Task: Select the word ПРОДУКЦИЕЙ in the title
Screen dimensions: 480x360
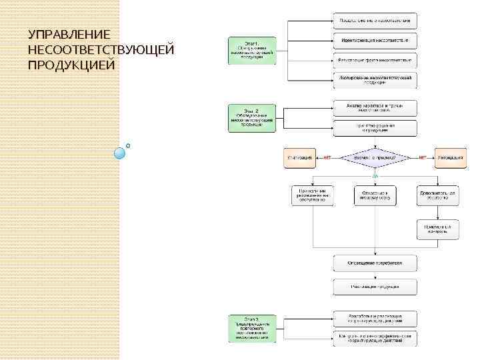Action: pyautogui.click(x=71, y=65)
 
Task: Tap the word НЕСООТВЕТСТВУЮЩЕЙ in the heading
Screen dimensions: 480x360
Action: pyautogui.click(x=101, y=50)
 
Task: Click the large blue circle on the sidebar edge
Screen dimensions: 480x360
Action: pyautogui.click(x=120, y=153)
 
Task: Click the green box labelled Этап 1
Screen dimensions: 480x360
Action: pyautogui.click(x=247, y=50)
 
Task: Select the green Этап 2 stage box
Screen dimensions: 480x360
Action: pyautogui.click(x=247, y=117)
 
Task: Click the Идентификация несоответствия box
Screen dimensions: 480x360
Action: pyautogui.click(x=375, y=41)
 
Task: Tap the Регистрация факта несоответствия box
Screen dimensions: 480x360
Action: pyautogui.click(x=375, y=61)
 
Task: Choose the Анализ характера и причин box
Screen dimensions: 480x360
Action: pyautogui.click(x=375, y=108)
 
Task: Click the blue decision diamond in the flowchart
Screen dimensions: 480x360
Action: pyautogui.click(x=375, y=158)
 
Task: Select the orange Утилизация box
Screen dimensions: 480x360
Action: pyautogui.click(x=299, y=158)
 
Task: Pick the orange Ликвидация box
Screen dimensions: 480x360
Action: pyautogui.click(x=451, y=158)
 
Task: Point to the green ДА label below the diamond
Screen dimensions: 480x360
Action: pyautogui.click(x=375, y=175)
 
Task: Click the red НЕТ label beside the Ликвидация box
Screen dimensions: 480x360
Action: pyautogui.click(x=422, y=158)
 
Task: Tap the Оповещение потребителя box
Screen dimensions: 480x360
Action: pyautogui.click(x=375, y=263)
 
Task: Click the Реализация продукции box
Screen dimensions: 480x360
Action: pyautogui.click(x=375, y=287)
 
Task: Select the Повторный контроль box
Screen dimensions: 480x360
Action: pyautogui.click(x=437, y=230)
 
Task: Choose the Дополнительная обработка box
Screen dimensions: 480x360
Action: pyautogui.click(x=437, y=195)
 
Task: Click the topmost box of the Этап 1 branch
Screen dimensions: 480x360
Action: pyautogui.click(x=375, y=21)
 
